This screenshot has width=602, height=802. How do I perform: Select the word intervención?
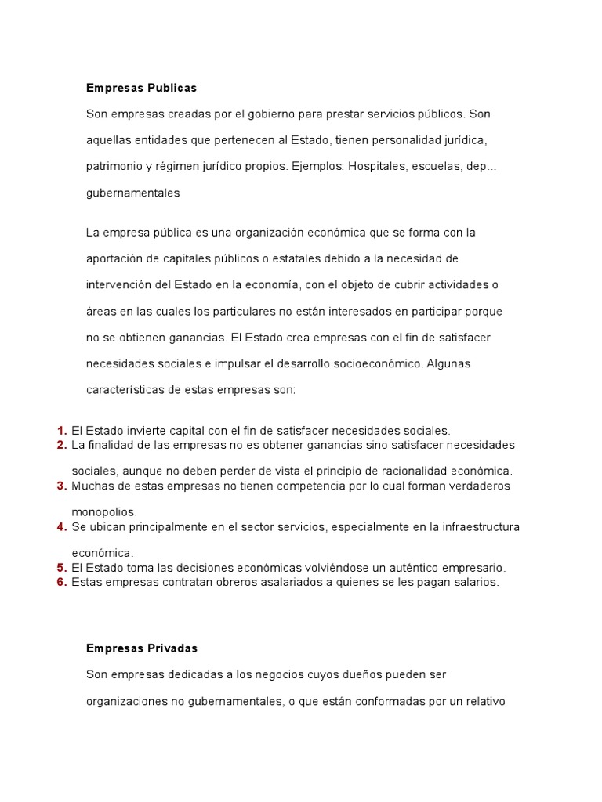118,284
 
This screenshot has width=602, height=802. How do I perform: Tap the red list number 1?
61,430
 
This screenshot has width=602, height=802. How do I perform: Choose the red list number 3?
61,486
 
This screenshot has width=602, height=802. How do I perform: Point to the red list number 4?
61,526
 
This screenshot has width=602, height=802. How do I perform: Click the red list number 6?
61,582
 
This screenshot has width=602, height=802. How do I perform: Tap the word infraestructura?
480,526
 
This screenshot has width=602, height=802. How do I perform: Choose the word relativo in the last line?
484,701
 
